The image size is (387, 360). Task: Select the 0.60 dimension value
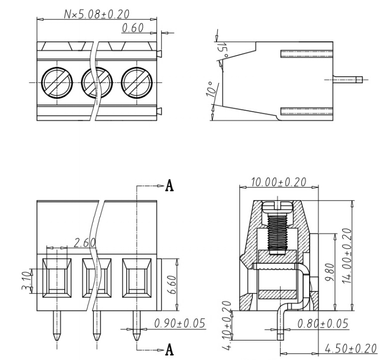tap(133, 28)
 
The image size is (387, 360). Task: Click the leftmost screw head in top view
tap(56, 81)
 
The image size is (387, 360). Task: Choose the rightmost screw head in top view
tap(136, 81)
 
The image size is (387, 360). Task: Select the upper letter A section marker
tap(170, 186)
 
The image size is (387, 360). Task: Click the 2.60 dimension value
tap(85, 243)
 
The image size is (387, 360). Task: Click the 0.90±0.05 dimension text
tap(180, 323)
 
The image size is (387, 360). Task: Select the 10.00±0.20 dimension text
tap(278, 182)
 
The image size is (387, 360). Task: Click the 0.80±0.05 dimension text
tap(322, 323)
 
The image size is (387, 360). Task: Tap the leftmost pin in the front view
tap(56, 327)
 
